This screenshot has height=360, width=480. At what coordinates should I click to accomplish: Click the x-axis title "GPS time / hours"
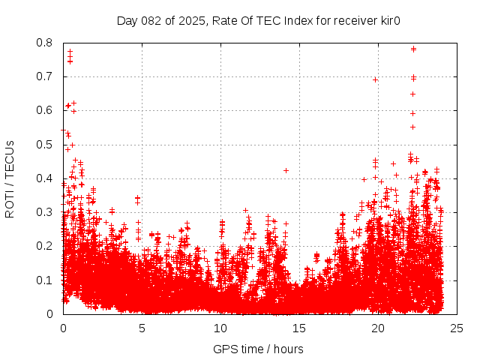tap(258, 349)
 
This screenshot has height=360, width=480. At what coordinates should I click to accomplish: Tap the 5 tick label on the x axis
tap(142, 328)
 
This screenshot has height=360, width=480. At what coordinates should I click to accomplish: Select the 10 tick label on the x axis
tap(220, 328)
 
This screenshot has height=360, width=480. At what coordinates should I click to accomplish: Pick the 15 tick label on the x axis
tap(299, 328)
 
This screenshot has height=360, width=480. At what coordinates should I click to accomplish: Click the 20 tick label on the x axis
tap(378, 328)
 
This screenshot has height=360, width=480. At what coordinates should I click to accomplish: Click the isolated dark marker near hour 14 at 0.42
tap(286, 170)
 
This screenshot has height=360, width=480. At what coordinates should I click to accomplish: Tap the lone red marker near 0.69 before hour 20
tap(375, 79)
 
